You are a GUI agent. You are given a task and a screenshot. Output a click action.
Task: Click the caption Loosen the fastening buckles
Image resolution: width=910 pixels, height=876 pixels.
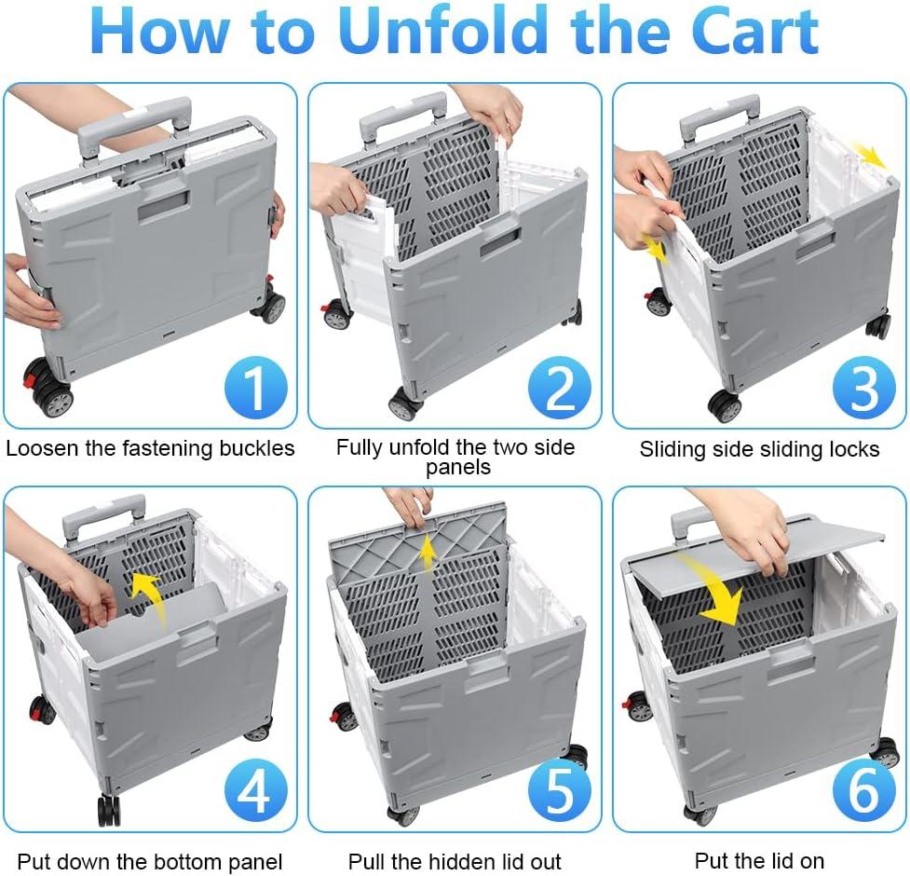click(150, 448)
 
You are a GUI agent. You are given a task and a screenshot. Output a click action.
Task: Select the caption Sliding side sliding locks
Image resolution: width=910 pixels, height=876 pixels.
click(759, 449)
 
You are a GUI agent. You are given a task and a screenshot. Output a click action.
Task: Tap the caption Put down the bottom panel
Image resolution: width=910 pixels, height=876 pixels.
click(150, 862)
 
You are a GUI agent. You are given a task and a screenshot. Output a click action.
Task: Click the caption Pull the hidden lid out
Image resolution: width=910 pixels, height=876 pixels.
click(455, 862)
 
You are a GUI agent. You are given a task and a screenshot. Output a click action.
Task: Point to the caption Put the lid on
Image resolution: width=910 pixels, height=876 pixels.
click(759, 861)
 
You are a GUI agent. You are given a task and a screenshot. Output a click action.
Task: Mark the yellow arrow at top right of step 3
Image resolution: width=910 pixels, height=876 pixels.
click(873, 157)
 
